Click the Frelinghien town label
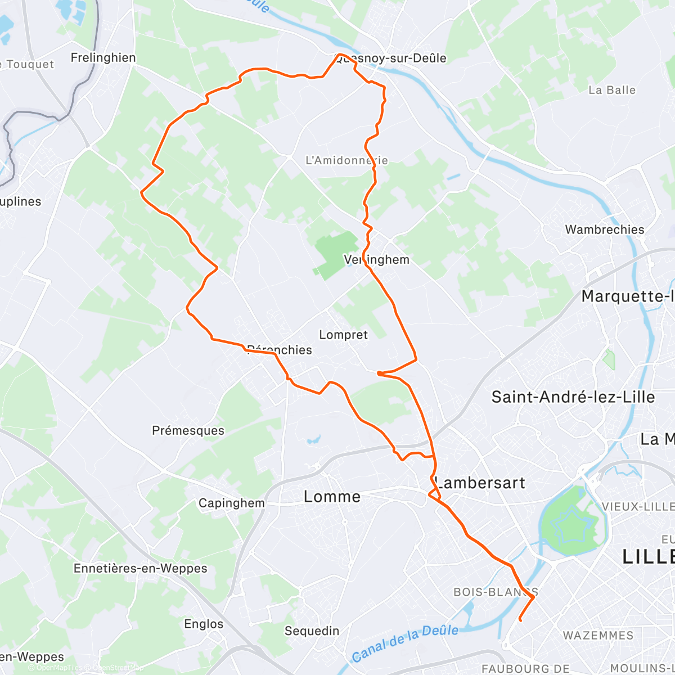pos(103,57)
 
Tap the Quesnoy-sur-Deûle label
pos(391,58)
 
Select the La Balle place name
pos(612,90)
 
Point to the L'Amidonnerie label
pos(346,160)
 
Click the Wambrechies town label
pos(605,229)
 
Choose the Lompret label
pos(343,335)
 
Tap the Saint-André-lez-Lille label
pos(573,397)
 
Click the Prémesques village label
pos(188,431)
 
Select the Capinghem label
pos(231,503)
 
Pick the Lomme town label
pos(332,497)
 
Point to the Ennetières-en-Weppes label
pos(140,568)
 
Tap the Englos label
pos(204,624)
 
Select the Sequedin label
pos(312,631)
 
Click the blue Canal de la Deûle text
pos(405,643)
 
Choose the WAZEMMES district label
pos(598,636)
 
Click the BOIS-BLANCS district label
pos(496,592)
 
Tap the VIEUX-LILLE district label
pos(638,506)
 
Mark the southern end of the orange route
pos(520,620)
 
